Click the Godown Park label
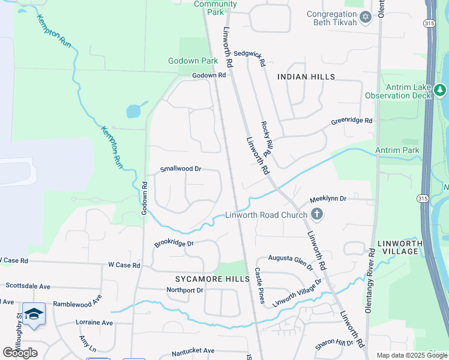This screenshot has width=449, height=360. coord(193,61)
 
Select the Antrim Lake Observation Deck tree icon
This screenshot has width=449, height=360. coord(441,91)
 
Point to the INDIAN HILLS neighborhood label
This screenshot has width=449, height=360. coord(306,77)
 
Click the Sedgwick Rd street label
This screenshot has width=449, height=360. coord(249,53)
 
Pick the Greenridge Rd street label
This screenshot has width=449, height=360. coord(352,121)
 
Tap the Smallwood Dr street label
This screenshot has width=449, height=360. coord(181,169)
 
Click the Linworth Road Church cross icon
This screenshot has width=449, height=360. coord(317,214)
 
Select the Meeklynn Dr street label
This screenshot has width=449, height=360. coord(328,199)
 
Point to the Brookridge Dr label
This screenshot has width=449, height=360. coord(174,244)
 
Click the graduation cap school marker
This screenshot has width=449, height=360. coord(34,314)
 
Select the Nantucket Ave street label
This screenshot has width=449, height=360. coord(191,350)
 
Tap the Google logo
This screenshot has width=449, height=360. coord(20,353)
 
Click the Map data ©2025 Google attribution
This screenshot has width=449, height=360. coord(411,355)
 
